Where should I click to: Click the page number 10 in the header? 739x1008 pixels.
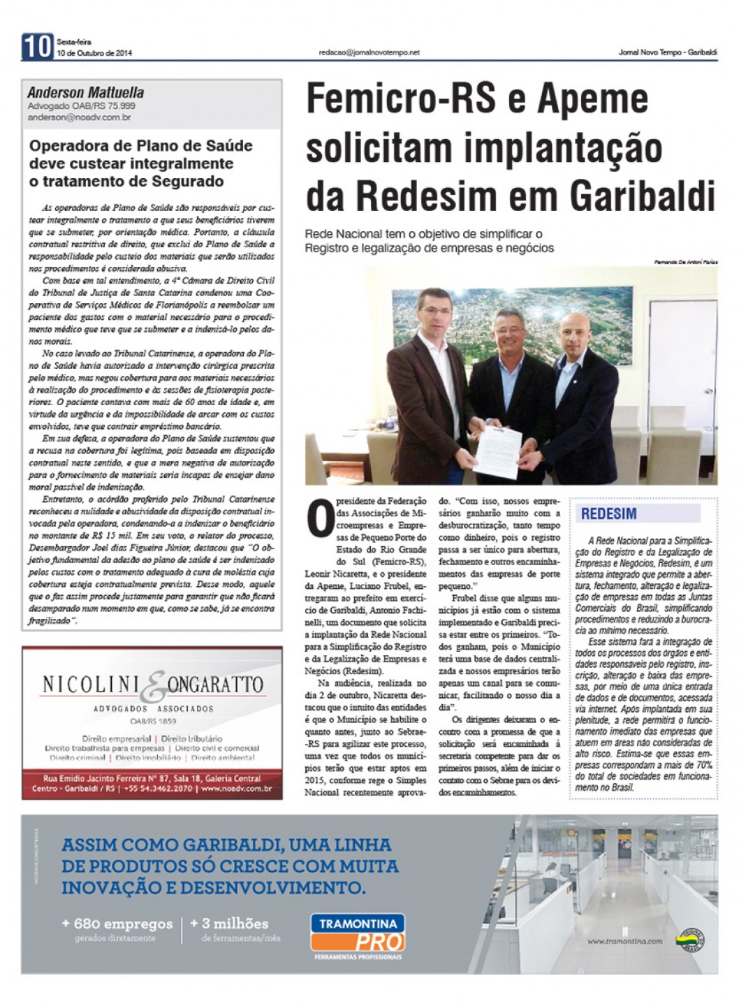click(37, 47)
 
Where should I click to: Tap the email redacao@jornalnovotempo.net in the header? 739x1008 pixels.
click(369, 52)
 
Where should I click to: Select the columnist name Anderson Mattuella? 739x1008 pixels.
click(86, 93)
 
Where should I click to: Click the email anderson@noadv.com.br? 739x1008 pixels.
click(79, 118)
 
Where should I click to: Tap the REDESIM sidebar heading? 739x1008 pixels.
click(609, 514)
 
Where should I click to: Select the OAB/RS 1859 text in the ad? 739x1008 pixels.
click(152, 720)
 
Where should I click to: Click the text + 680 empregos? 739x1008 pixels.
click(117, 923)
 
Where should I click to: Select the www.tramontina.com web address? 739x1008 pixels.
click(624, 942)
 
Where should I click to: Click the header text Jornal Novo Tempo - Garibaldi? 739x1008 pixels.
click(668, 52)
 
